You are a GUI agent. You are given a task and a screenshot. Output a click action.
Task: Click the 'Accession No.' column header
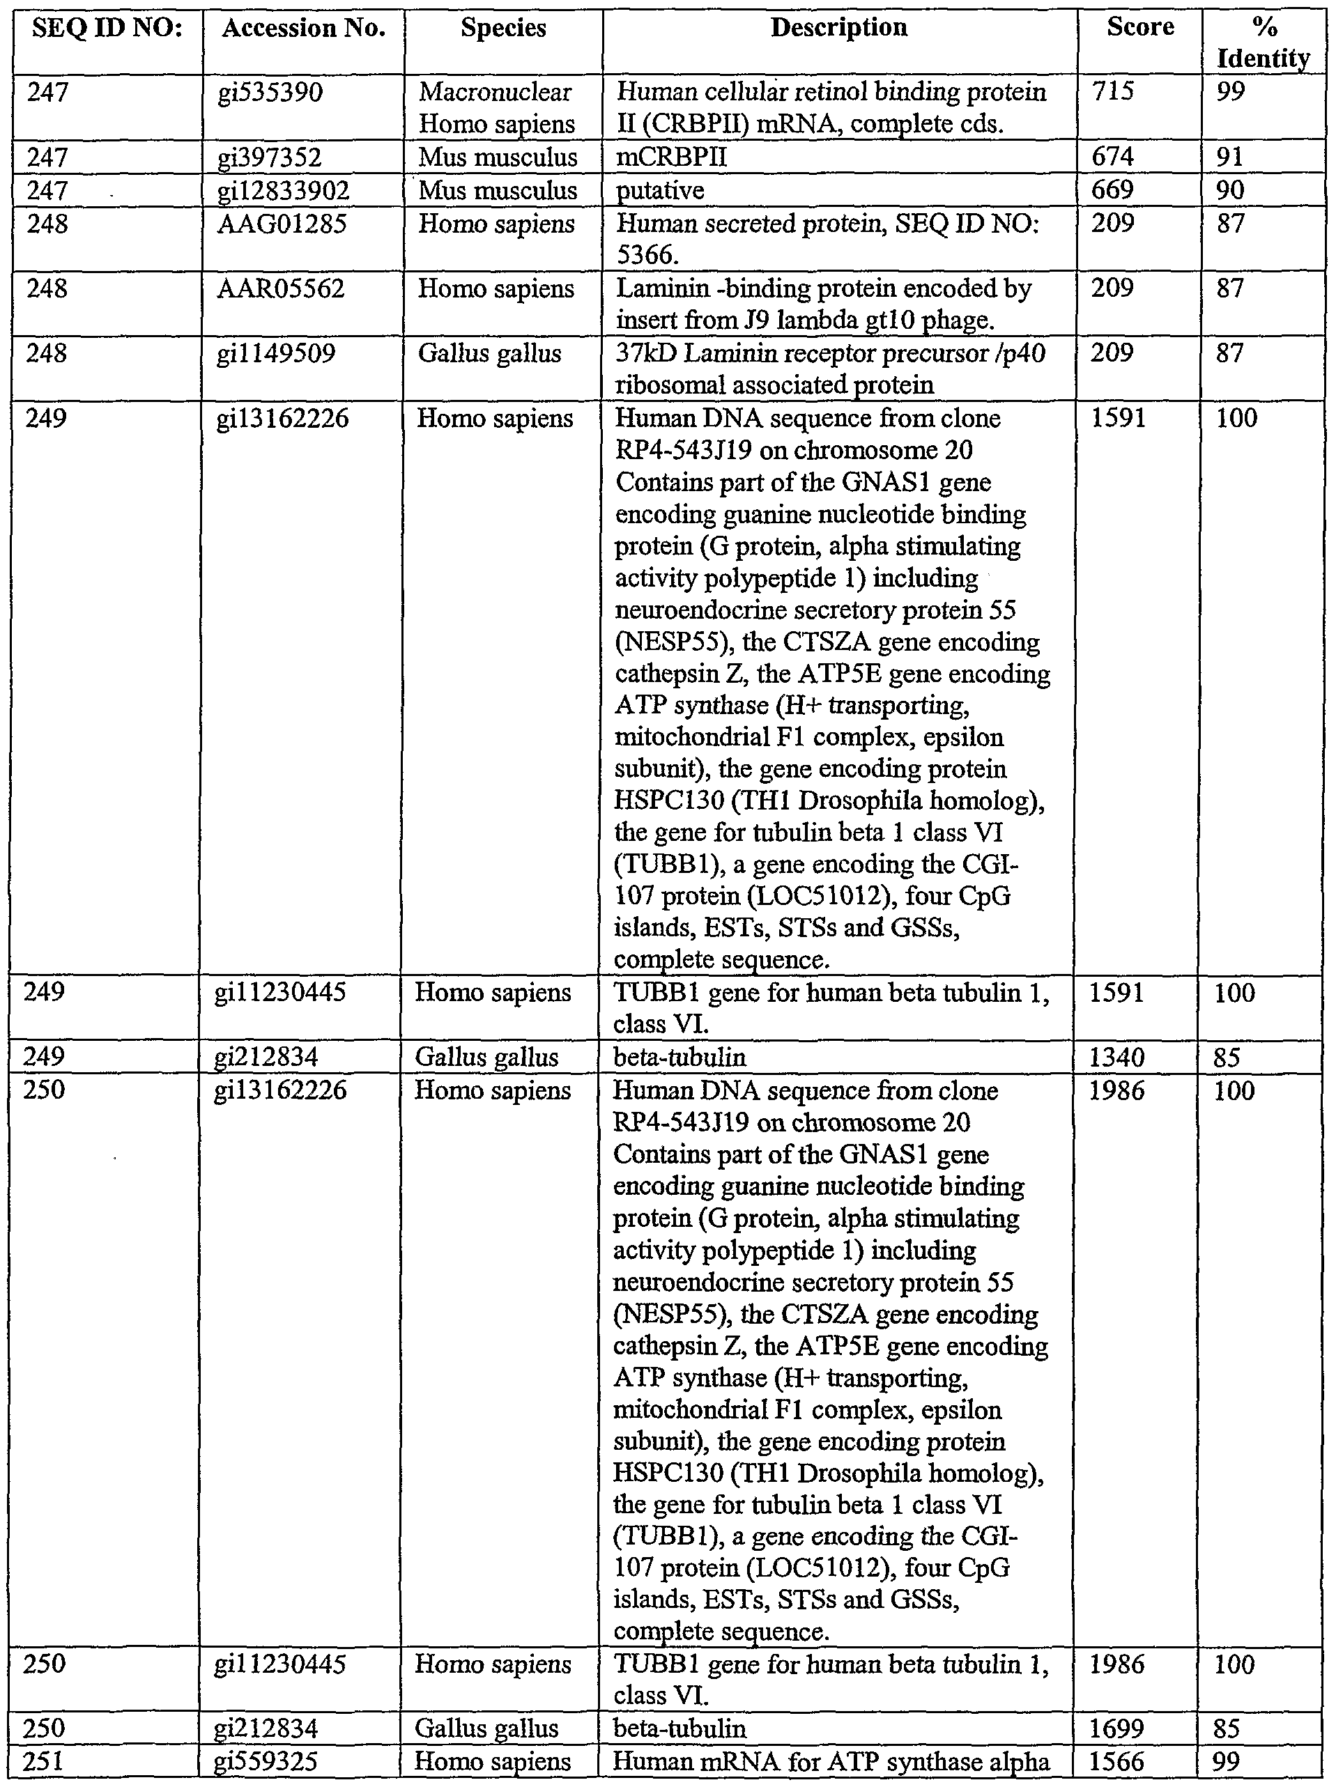(x=303, y=29)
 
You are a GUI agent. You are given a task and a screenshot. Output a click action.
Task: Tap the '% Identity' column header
(x=1264, y=42)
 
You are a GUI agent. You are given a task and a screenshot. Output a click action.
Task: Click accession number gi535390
(x=270, y=93)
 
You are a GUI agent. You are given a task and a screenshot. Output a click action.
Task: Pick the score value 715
(x=1113, y=91)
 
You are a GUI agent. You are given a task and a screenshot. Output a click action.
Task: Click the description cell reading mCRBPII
(x=672, y=157)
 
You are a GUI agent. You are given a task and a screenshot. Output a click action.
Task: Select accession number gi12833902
(x=283, y=191)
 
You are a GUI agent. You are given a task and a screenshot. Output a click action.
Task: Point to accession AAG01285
(x=282, y=224)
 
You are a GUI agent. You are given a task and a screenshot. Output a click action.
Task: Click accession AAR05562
(x=280, y=288)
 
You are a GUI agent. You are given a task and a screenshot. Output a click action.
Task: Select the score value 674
(x=1113, y=157)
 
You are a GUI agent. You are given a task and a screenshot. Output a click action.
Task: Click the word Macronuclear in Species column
(x=495, y=92)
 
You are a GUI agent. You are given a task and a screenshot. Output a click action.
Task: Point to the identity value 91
(x=1229, y=157)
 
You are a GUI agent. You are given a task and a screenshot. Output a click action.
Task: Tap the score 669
(x=1113, y=190)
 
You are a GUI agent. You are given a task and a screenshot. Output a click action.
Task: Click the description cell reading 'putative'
(x=659, y=191)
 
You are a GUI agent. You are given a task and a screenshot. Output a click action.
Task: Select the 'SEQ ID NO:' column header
(x=107, y=29)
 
